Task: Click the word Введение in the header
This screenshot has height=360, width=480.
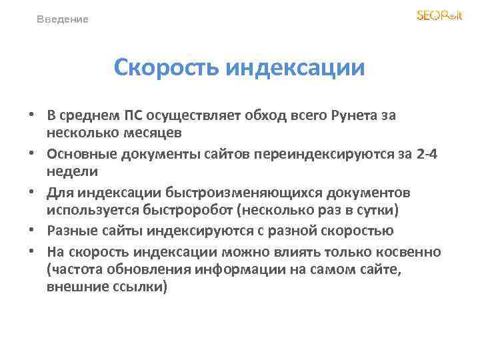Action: coord(63,19)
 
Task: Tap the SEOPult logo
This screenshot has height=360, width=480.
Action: coord(439,16)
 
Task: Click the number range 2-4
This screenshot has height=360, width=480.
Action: coord(427,154)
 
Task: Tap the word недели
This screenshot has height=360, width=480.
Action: coord(72,171)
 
